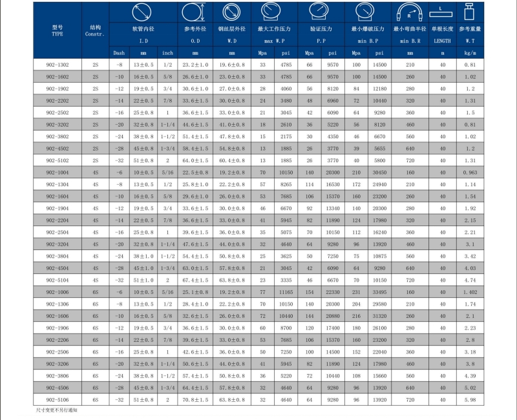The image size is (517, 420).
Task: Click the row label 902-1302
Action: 58,65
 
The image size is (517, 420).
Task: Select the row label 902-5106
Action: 58,400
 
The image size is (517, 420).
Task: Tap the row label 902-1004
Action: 58,173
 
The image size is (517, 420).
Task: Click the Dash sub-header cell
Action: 119,53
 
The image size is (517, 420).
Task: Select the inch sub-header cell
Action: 167,53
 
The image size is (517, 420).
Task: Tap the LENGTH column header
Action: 442,41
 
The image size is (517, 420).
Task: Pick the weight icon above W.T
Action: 470,12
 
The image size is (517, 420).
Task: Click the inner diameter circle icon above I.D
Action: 142,12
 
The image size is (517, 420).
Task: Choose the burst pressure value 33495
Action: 379,292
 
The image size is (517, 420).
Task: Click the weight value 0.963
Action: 470,173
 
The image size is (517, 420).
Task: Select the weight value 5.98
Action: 470,400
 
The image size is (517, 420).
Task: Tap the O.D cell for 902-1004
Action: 195,173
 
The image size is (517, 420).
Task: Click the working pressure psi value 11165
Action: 286,292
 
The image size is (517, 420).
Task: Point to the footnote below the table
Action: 56,410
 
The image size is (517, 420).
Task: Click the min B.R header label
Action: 410,41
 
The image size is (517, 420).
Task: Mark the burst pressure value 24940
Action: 379,185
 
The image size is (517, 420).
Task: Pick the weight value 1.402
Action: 470,292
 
